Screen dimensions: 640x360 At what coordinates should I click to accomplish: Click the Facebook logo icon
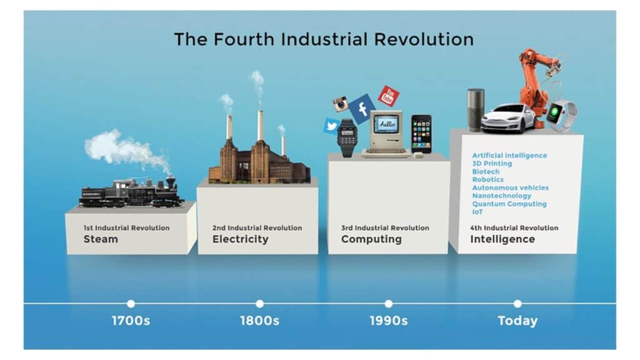point(362,109)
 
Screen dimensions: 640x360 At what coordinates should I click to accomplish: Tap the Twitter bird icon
point(331,126)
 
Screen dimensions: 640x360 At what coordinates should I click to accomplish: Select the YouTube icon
point(388,96)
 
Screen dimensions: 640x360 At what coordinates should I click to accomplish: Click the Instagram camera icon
point(341,104)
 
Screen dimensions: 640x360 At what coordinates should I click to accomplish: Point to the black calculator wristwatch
point(347,138)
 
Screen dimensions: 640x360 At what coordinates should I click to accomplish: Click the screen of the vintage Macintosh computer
point(386,124)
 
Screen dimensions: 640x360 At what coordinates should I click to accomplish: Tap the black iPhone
point(421,134)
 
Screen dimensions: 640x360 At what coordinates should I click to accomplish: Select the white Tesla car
point(507,119)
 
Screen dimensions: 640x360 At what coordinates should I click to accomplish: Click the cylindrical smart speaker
point(476,110)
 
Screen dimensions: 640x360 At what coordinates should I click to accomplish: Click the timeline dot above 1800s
point(259,304)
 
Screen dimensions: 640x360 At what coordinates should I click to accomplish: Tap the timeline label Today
point(517,321)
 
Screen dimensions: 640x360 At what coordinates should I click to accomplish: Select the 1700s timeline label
point(131,321)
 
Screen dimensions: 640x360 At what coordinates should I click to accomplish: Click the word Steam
point(101,239)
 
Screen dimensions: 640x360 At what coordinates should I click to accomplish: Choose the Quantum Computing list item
point(509,204)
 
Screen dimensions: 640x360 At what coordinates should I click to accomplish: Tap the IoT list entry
point(477,212)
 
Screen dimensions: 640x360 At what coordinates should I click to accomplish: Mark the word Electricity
point(241,239)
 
